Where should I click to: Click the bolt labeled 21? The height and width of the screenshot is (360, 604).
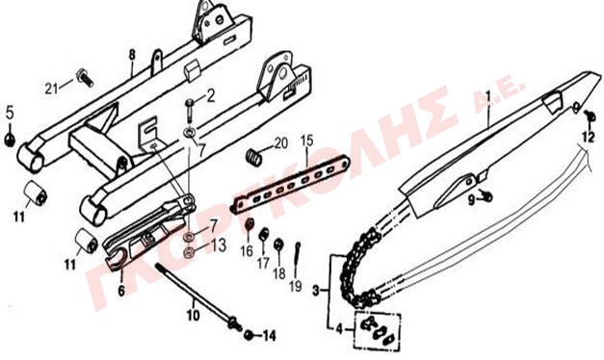pyautogui.click(x=85, y=77)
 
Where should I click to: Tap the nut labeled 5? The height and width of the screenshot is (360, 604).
pyautogui.click(x=10, y=139)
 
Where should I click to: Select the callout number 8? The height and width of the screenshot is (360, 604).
pyautogui.click(x=132, y=55)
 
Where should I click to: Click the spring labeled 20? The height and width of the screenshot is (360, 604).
pyautogui.click(x=254, y=156)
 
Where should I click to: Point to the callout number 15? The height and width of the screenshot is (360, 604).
pyautogui.click(x=307, y=141)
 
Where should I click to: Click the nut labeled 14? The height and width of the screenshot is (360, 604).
pyautogui.click(x=249, y=335)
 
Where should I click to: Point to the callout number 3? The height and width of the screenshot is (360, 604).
pyautogui.click(x=316, y=291)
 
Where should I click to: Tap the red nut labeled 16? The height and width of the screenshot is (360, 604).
pyautogui.click(x=249, y=224)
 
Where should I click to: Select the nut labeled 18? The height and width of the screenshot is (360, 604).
pyautogui.click(x=278, y=244)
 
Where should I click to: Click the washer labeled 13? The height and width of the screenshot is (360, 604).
pyautogui.click(x=189, y=252)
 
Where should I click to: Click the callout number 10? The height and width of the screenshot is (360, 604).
pyautogui.click(x=194, y=316)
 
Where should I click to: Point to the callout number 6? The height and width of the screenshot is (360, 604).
pyautogui.click(x=121, y=291)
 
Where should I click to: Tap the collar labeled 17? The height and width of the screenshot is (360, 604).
pyautogui.click(x=263, y=235)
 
